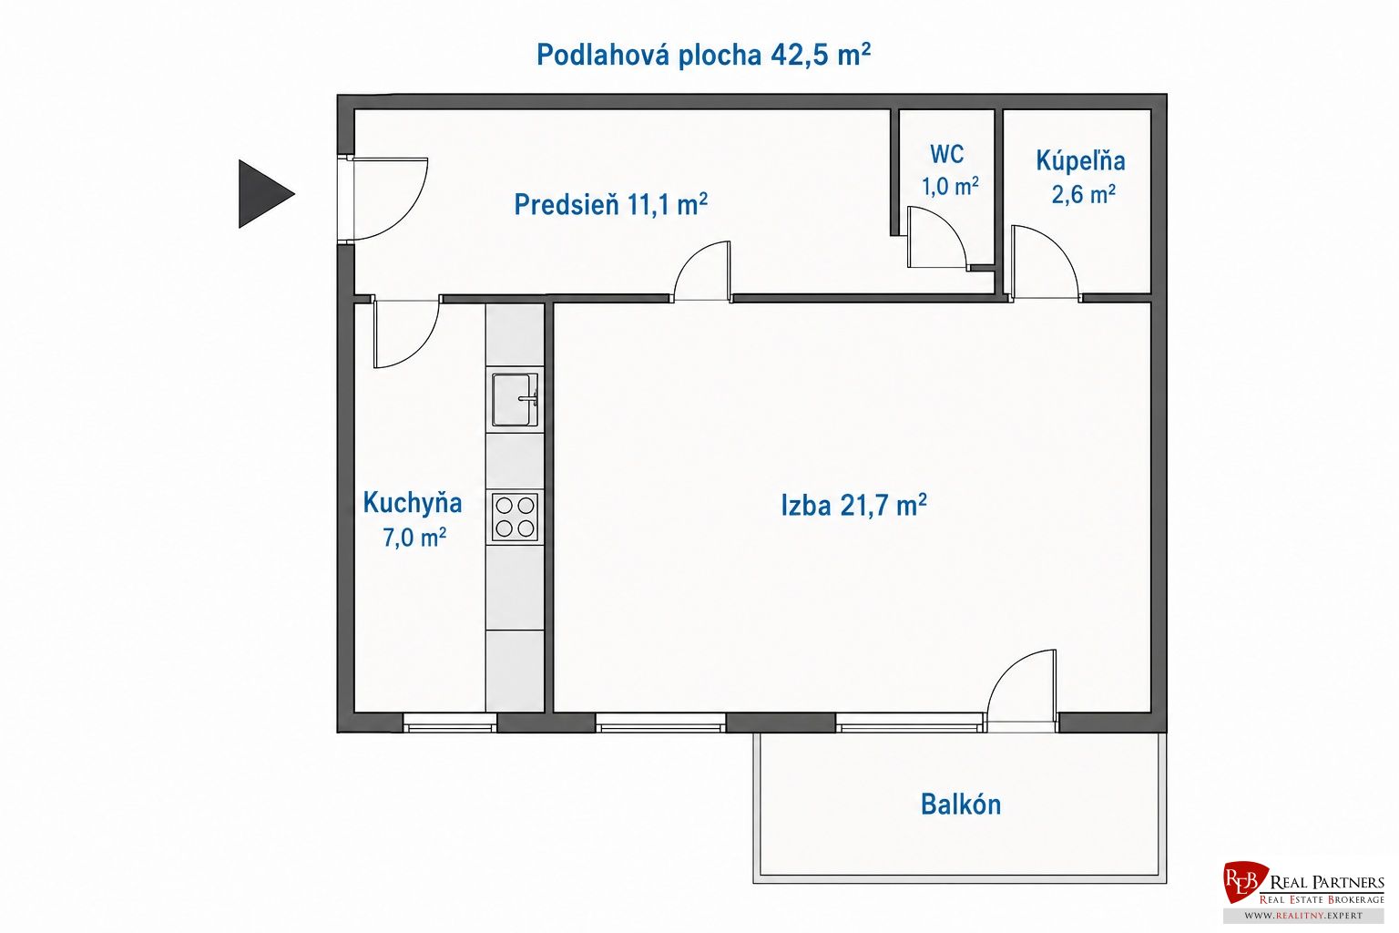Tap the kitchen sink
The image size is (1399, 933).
515,399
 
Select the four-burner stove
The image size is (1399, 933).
515,517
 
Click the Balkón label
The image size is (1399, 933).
961,805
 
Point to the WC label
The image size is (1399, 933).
947,154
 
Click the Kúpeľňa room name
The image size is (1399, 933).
1080,160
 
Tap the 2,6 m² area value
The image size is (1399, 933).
1084,194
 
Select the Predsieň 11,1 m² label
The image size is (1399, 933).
610,204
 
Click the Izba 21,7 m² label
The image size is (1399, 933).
853,505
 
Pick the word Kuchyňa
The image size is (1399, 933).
413,503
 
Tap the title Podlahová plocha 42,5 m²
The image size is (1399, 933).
704,55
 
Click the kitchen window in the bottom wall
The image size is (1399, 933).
450,723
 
